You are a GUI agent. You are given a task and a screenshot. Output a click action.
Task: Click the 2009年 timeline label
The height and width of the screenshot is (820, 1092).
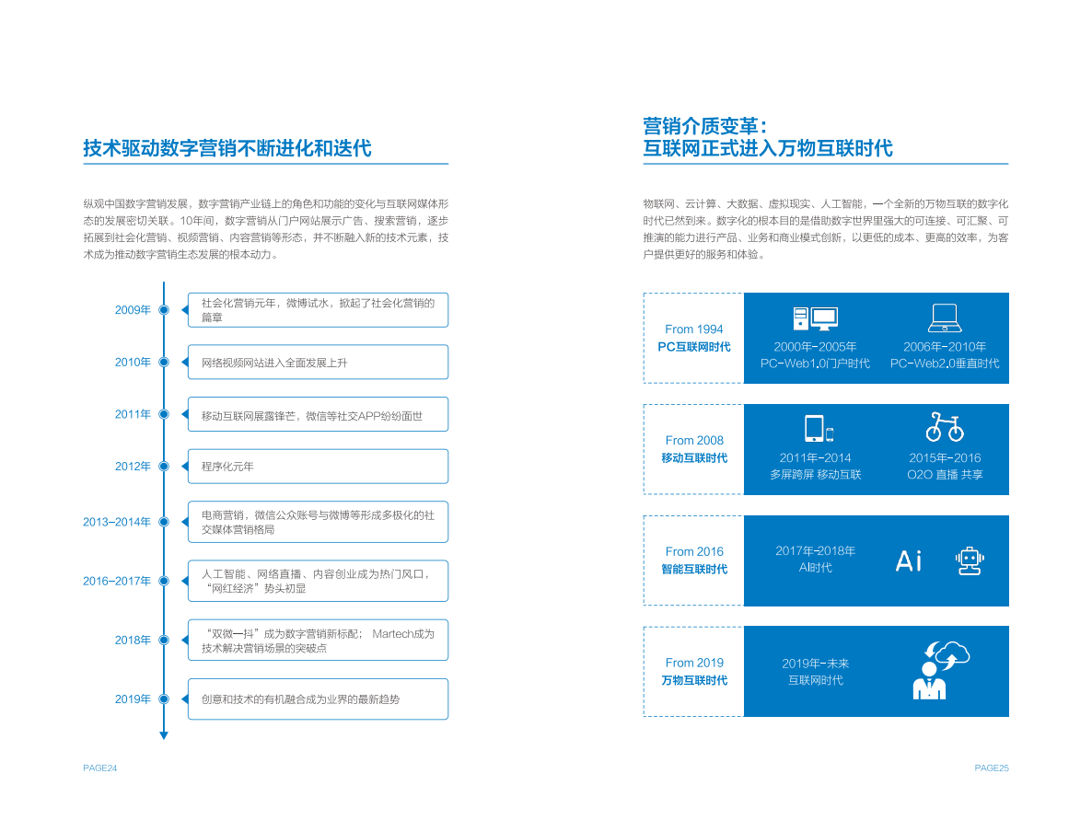(133, 310)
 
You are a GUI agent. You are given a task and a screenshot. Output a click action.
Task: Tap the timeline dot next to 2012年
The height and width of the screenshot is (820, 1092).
(164, 467)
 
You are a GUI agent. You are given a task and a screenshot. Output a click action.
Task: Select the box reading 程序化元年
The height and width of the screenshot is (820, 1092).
(318, 467)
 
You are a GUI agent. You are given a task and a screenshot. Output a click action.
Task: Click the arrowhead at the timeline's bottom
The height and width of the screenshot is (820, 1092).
(164, 735)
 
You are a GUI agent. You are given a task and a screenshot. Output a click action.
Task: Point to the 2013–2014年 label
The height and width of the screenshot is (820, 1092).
(117, 522)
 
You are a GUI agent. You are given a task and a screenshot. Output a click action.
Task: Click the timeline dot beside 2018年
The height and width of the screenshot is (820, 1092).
(164, 640)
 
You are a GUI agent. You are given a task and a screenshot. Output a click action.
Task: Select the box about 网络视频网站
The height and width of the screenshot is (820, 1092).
(318, 363)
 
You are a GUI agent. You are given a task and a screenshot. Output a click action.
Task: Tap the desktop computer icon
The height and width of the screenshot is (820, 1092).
(815, 318)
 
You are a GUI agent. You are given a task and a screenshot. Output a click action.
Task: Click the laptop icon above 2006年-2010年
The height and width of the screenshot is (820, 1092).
(945, 318)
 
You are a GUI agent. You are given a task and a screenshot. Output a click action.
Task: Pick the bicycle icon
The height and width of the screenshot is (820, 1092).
(945, 428)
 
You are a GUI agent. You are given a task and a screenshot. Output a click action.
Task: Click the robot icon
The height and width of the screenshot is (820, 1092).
(970, 560)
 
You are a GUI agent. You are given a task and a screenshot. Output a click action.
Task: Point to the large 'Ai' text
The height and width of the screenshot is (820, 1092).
(908, 560)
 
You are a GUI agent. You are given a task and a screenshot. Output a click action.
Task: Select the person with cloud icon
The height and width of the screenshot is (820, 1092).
(940, 670)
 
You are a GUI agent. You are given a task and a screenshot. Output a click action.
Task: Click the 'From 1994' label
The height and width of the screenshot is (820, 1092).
(694, 329)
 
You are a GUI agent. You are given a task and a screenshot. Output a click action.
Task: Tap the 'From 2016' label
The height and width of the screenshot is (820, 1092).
(694, 552)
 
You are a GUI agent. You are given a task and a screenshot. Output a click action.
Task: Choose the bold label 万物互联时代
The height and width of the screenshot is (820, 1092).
(694, 681)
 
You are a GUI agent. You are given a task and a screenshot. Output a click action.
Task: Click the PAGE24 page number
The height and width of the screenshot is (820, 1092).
(99, 768)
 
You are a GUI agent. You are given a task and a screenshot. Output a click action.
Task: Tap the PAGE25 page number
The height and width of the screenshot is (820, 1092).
(992, 768)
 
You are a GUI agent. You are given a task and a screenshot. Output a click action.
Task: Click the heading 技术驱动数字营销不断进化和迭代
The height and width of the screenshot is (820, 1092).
(227, 148)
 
